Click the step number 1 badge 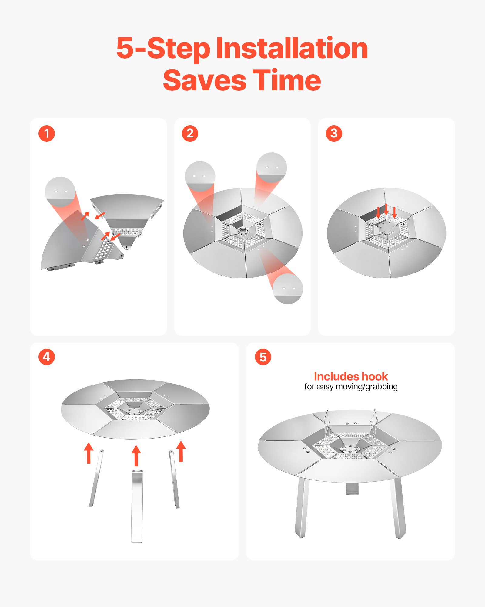click(x=47, y=134)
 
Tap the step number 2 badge click(x=190, y=134)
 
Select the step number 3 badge click(x=334, y=134)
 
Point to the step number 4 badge click(x=47, y=357)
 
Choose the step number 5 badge click(x=263, y=357)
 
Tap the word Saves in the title click(x=205, y=80)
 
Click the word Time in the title click(x=287, y=80)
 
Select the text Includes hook click(x=351, y=377)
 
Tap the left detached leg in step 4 click(x=96, y=478)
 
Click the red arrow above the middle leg click(x=136, y=456)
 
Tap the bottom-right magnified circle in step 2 click(x=288, y=288)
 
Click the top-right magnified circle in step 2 click(x=271, y=168)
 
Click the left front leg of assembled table click(x=302, y=507)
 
